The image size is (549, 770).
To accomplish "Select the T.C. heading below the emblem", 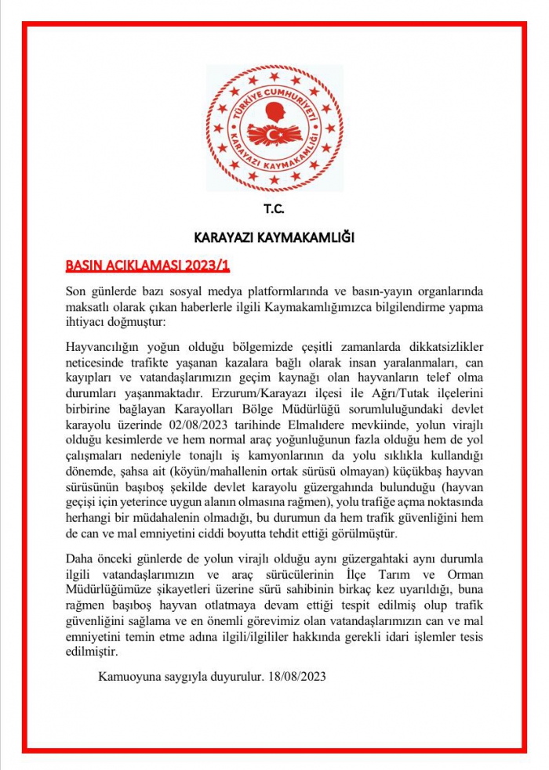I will click(274, 209).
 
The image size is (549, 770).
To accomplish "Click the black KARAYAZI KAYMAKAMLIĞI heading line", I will click(274, 237).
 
